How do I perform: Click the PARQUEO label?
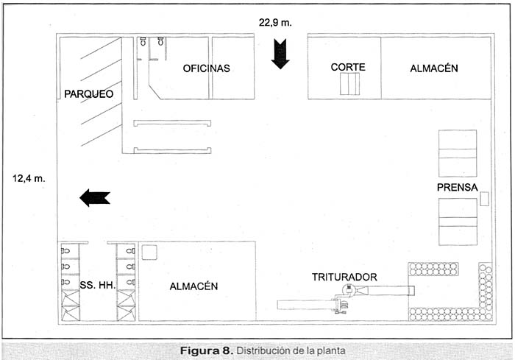click(88, 93)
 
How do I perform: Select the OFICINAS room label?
click(207, 68)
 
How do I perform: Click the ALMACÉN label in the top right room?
click(433, 68)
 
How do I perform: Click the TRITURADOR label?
click(344, 277)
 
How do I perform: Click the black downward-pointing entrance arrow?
click(280, 54)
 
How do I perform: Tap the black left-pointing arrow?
click(94, 197)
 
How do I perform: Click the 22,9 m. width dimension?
click(275, 22)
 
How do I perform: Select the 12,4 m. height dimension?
click(29, 177)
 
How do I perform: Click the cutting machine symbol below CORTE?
click(351, 85)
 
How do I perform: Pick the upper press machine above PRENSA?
click(458, 153)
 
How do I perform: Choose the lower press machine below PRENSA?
click(458, 222)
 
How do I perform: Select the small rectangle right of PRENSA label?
click(485, 199)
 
